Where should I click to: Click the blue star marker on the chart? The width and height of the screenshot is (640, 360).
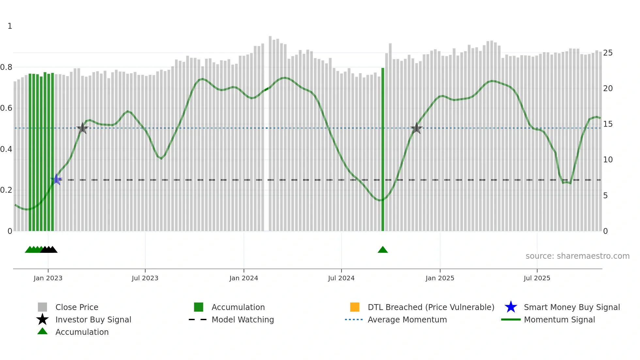pyautogui.click(x=56, y=179)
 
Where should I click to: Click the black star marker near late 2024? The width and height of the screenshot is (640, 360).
pyautogui.click(x=416, y=128)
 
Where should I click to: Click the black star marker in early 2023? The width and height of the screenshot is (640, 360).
pyautogui.click(x=83, y=128)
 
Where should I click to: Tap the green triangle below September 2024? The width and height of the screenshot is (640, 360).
pyautogui.click(x=383, y=250)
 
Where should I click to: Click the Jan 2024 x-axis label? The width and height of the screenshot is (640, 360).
pyautogui.click(x=244, y=278)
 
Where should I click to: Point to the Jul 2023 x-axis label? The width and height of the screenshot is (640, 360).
pyautogui.click(x=145, y=278)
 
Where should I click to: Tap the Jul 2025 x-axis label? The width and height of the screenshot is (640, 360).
pyautogui.click(x=537, y=278)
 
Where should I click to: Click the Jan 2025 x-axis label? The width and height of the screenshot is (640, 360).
pyautogui.click(x=440, y=278)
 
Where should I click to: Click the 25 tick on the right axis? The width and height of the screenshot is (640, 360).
pyautogui.click(x=608, y=53)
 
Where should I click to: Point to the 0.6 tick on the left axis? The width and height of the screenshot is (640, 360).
pyautogui.click(x=6, y=108)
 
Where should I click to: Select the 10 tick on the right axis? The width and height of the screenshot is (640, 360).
pyautogui.click(x=608, y=160)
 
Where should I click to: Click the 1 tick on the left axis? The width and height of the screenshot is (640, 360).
pyautogui.click(x=10, y=26)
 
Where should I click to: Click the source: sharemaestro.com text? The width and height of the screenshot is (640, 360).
pyautogui.click(x=577, y=256)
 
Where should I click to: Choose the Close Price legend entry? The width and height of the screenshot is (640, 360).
pyautogui.click(x=77, y=307)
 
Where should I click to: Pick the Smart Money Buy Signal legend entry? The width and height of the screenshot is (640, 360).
pyautogui.click(x=571, y=307)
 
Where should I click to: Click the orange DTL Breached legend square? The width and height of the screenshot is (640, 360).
pyautogui.click(x=355, y=307)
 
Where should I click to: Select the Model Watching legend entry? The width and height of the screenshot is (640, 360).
pyautogui.click(x=243, y=319)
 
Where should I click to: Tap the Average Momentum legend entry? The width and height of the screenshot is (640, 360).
pyautogui.click(x=407, y=319)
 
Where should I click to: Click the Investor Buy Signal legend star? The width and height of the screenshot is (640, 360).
pyautogui.click(x=42, y=319)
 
